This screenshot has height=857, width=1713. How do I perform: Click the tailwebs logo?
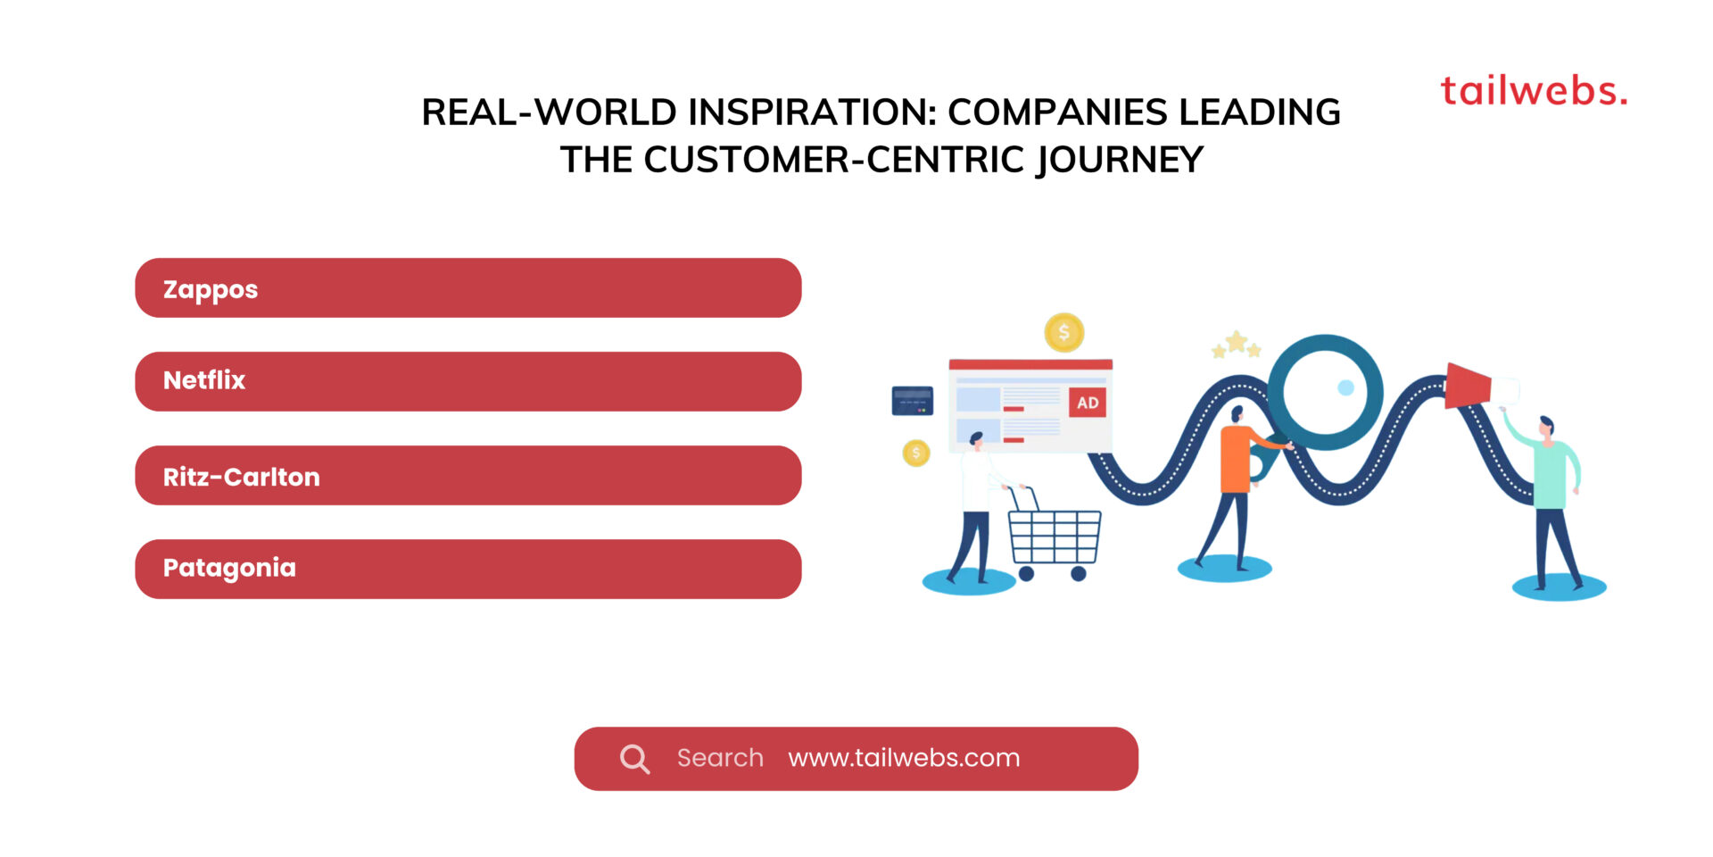pos(1533,91)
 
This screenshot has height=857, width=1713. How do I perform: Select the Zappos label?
pos(211,289)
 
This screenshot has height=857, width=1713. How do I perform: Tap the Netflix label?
pos(204,380)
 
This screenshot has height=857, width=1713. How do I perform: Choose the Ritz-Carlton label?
pos(241,477)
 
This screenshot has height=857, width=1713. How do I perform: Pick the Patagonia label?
pos(229,568)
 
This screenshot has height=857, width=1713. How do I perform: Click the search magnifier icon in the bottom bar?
pos(634,759)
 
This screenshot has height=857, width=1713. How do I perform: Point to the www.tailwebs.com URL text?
pos(904,758)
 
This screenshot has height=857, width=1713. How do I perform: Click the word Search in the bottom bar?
pos(720,758)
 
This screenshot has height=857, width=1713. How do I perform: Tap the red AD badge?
pos(1088,403)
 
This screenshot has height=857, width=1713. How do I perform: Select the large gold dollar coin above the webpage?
pos(1063,333)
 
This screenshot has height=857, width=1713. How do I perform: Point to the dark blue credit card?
pos(912,401)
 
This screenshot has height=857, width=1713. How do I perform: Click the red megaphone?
pos(1469,386)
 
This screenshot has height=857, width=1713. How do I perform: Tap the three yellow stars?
pos(1236,345)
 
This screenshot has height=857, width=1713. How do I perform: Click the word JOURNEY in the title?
pos(1120,161)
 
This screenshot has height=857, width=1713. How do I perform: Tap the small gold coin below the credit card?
pos(916,453)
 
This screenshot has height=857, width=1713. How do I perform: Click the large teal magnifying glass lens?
pos(1325,391)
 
